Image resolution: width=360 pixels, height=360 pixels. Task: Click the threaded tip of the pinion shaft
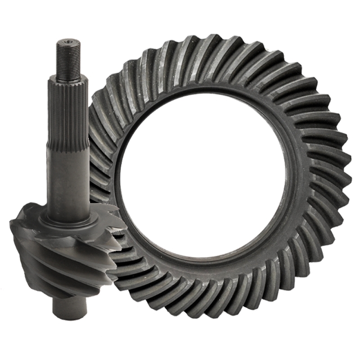click(69, 58)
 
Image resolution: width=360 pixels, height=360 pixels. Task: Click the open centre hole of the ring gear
click(202, 180)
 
